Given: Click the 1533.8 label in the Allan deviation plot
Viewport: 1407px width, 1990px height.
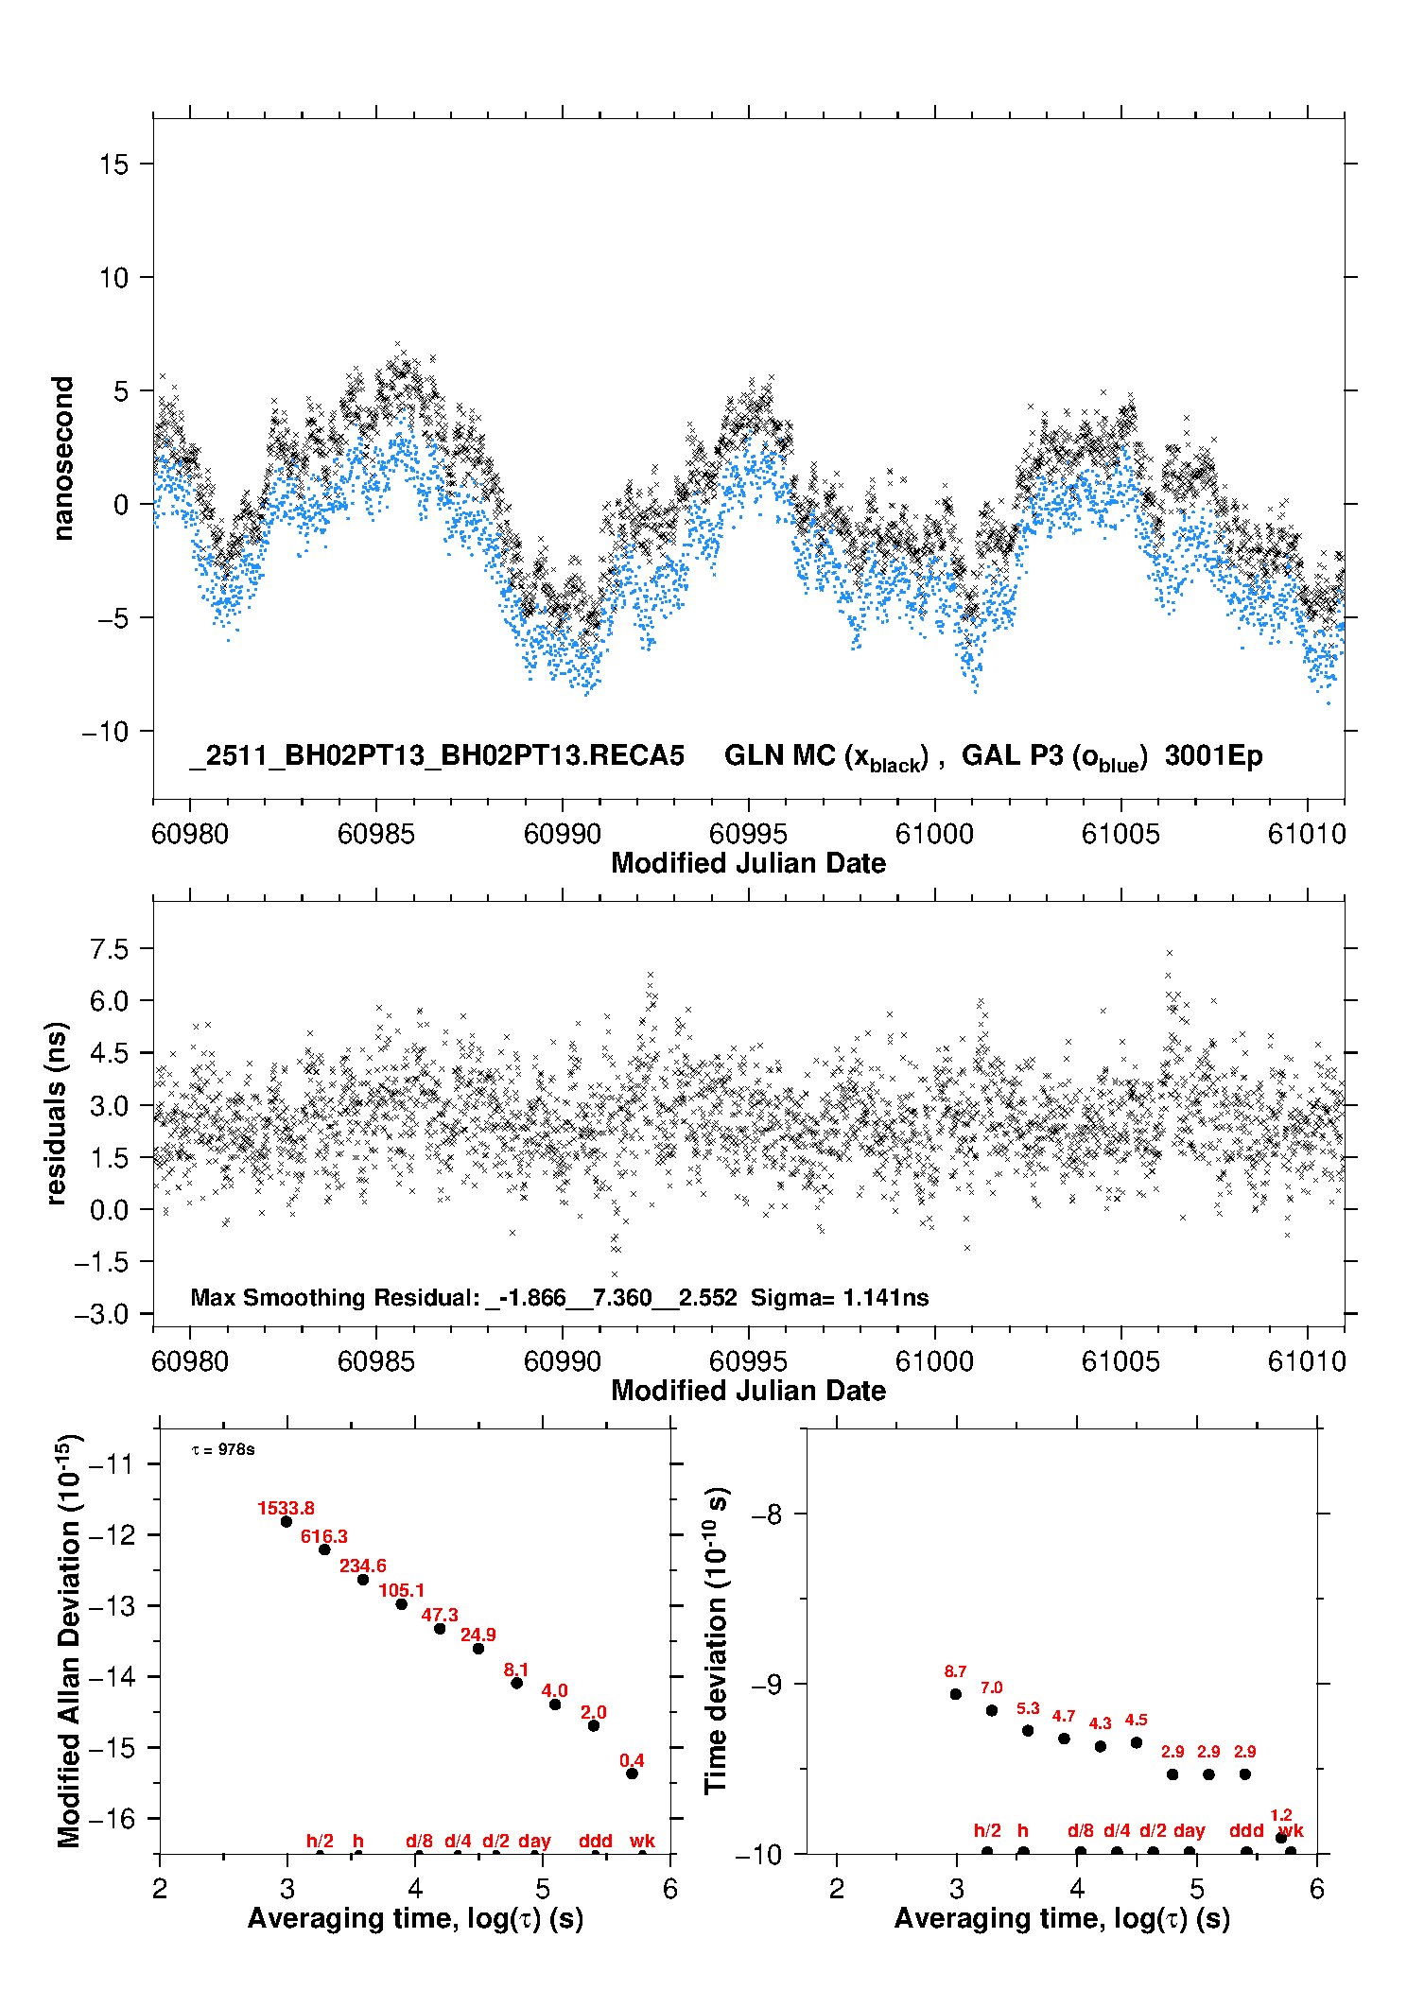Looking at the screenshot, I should (x=286, y=1508).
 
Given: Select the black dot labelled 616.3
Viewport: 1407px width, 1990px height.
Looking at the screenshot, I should (x=324, y=1549).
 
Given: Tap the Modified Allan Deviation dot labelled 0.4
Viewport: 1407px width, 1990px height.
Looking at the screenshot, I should (x=632, y=1774).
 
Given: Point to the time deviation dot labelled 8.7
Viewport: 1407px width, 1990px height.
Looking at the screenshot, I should (x=956, y=1694).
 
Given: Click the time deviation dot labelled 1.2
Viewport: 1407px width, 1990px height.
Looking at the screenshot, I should (x=1281, y=1838).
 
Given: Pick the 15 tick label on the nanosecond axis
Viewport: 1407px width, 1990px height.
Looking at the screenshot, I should (x=113, y=164).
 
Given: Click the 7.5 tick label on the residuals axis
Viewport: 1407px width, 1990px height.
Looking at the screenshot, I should (x=109, y=949).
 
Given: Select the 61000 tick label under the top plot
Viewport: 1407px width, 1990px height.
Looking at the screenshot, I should (x=934, y=834).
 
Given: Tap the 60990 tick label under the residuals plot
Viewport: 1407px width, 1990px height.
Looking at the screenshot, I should (x=562, y=1361).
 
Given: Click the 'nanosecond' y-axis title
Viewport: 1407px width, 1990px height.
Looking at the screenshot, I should (x=62, y=458).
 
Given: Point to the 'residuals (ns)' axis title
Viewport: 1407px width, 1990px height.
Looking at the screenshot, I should (x=56, y=1113).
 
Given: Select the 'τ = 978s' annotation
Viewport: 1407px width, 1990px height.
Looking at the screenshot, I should (x=223, y=1449).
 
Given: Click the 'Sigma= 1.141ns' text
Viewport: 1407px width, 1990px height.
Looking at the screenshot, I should (x=840, y=1297).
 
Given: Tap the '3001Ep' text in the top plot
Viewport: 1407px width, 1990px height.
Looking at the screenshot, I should (x=1213, y=755).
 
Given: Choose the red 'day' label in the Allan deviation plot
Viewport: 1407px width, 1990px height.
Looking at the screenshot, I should (x=534, y=1841).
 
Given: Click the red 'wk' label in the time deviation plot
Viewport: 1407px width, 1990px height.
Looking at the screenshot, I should (x=1291, y=1831).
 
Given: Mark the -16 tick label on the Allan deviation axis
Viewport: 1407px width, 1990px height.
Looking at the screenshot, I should (x=111, y=1818).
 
